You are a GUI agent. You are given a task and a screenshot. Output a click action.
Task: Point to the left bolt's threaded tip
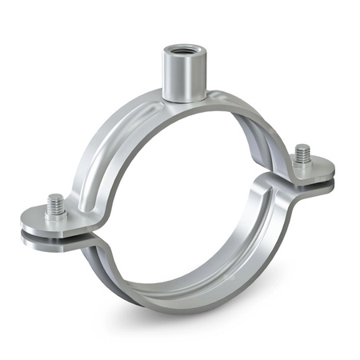click(x=55, y=200)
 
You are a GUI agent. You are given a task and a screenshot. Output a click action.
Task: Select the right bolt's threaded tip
click(x=302, y=150)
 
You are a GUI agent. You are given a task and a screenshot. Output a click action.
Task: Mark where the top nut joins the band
click(x=180, y=100)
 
